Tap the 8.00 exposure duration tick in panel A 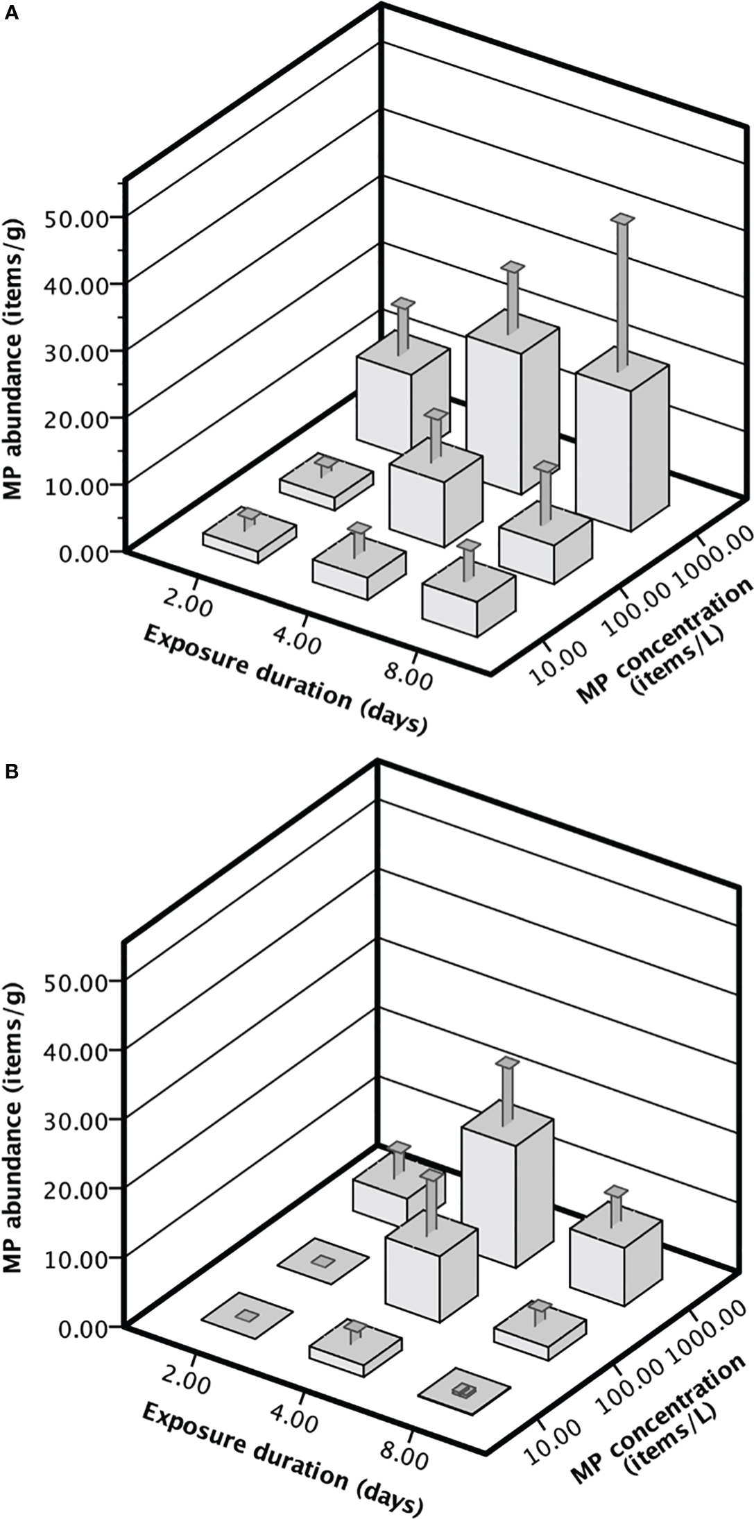[408, 671]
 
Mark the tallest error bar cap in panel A [623, 219]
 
